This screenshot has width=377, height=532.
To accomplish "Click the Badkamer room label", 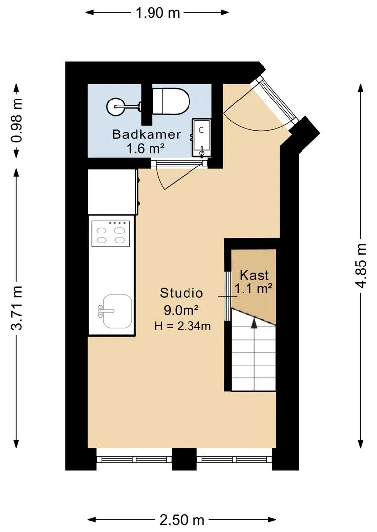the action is click(x=147, y=134).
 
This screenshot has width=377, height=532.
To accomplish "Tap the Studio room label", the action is click(x=182, y=293).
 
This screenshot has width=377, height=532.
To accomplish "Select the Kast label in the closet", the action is click(x=254, y=275).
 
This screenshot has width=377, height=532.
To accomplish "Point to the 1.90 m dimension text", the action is click(x=158, y=13).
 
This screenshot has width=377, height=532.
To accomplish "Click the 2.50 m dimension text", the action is click(x=182, y=520).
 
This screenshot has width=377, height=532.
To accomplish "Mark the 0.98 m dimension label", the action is click(x=17, y=121).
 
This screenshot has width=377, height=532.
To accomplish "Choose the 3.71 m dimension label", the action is click(x=17, y=308).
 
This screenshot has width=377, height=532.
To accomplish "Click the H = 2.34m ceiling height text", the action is click(x=183, y=326).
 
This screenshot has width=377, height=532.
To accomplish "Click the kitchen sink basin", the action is click(x=117, y=311).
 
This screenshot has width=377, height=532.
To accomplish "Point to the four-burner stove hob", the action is click(x=111, y=233).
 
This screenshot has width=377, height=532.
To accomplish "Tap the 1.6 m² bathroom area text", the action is click(x=146, y=149).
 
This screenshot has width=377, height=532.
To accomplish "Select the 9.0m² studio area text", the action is click(x=182, y=310).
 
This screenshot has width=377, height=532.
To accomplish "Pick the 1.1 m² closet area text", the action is click(x=254, y=289).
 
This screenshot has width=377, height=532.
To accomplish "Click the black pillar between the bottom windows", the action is click(x=184, y=460).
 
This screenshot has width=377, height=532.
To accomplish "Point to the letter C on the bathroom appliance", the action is click(x=201, y=129).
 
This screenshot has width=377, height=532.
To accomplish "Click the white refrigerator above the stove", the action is click(x=113, y=192).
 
